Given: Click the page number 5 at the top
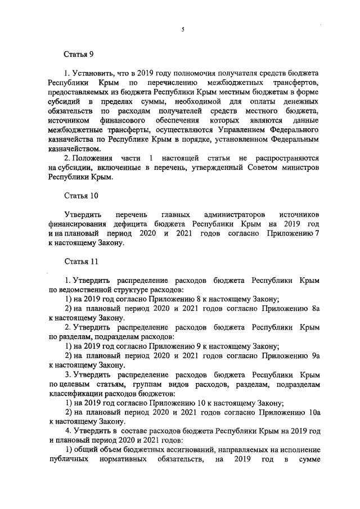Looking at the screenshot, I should coord(183,30).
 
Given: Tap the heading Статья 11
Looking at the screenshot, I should coord(80,262).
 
